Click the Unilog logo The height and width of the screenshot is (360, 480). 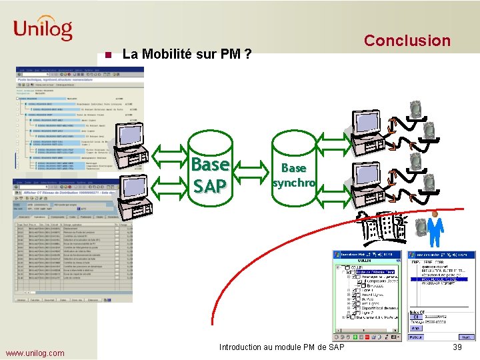tap(43, 29)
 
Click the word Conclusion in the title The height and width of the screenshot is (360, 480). tap(407, 41)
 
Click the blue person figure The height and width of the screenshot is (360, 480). tap(435, 230)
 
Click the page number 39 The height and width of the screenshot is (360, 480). tap(457, 347)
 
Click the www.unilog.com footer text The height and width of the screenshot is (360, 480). tap(35, 353)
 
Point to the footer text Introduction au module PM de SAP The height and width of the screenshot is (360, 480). tap(282, 347)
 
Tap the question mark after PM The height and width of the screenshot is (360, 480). tap(247, 54)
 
